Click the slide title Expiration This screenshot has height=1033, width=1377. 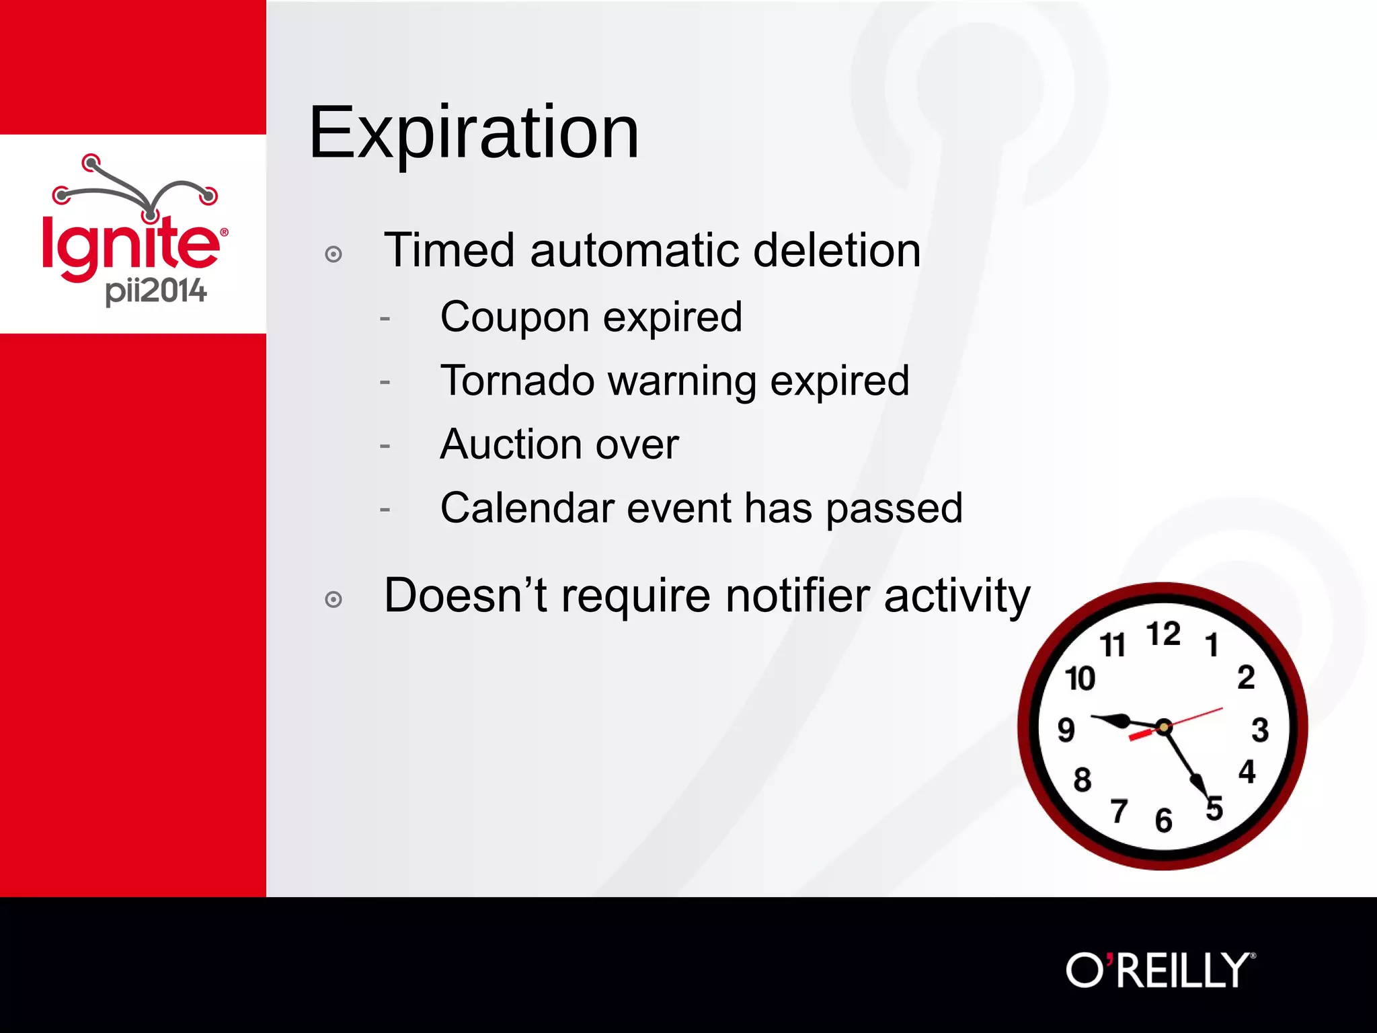[x=473, y=133]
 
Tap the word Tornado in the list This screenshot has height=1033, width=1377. [x=517, y=381]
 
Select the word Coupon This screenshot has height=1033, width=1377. [x=514, y=317]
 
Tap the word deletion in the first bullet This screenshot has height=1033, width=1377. [x=836, y=250]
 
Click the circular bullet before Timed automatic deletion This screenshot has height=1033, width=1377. [x=333, y=254]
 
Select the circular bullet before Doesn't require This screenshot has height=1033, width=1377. [x=333, y=599]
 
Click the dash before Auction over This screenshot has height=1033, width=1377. [x=385, y=446]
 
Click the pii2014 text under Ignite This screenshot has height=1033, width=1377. [x=156, y=292]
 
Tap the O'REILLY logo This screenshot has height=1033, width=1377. [x=1160, y=970]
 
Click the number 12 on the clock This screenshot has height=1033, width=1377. [x=1163, y=634]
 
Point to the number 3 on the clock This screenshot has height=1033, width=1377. [x=1260, y=730]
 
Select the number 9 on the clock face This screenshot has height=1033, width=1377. [x=1066, y=730]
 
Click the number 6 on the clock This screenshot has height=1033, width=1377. [x=1164, y=820]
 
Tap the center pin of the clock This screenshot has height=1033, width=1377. [x=1164, y=727]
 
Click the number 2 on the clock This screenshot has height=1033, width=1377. [x=1246, y=677]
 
